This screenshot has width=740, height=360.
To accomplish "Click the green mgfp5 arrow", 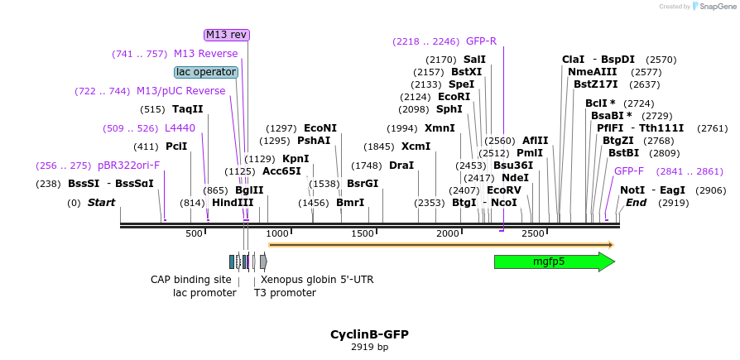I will [553, 262].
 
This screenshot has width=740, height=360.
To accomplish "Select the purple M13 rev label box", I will [226, 35].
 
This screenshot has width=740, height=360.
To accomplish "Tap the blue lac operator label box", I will [206, 72].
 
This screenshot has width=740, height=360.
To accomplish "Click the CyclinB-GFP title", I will [369, 334].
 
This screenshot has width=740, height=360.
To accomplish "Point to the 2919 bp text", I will [369, 348].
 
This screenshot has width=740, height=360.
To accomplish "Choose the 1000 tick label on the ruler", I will [277, 234].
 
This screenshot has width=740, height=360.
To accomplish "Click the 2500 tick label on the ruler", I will [533, 234].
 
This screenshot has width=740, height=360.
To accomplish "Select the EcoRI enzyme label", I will [454, 97].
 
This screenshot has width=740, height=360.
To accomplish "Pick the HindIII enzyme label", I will [233, 202].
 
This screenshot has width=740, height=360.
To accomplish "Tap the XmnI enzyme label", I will [440, 128].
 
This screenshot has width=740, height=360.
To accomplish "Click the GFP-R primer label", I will [481, 41].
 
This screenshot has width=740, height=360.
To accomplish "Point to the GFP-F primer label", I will [628, 171].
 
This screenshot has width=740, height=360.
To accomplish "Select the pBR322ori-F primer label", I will [128, 166].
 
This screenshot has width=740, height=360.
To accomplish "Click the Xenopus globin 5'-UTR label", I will [317, 280].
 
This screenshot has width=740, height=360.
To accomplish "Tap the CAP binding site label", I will [190, 280].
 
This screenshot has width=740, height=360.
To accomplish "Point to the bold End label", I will [636, 203].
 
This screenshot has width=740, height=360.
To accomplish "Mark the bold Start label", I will [101, 203].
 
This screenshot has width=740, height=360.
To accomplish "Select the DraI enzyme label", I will [401, 166].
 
